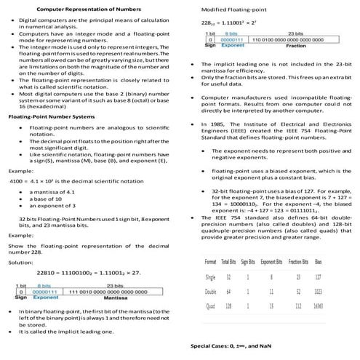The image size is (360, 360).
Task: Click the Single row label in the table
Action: click(210, 277)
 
